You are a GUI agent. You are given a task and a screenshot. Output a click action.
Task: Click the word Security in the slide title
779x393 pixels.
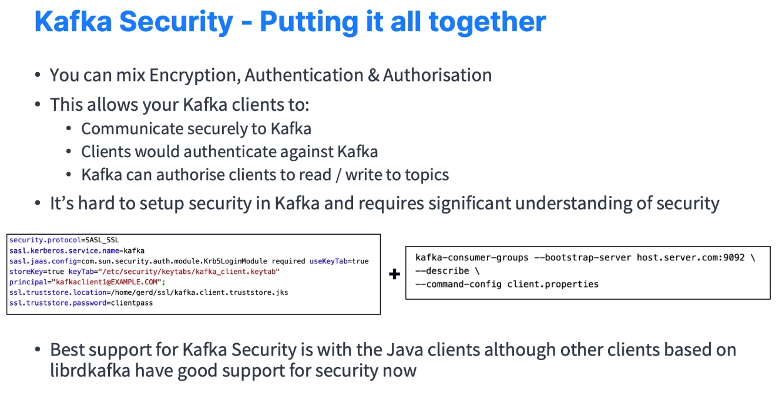(176, 22)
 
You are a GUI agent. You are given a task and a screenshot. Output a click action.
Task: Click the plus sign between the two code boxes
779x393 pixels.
(394, 274)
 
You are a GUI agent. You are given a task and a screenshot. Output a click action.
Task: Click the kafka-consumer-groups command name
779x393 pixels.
(457, 258)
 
